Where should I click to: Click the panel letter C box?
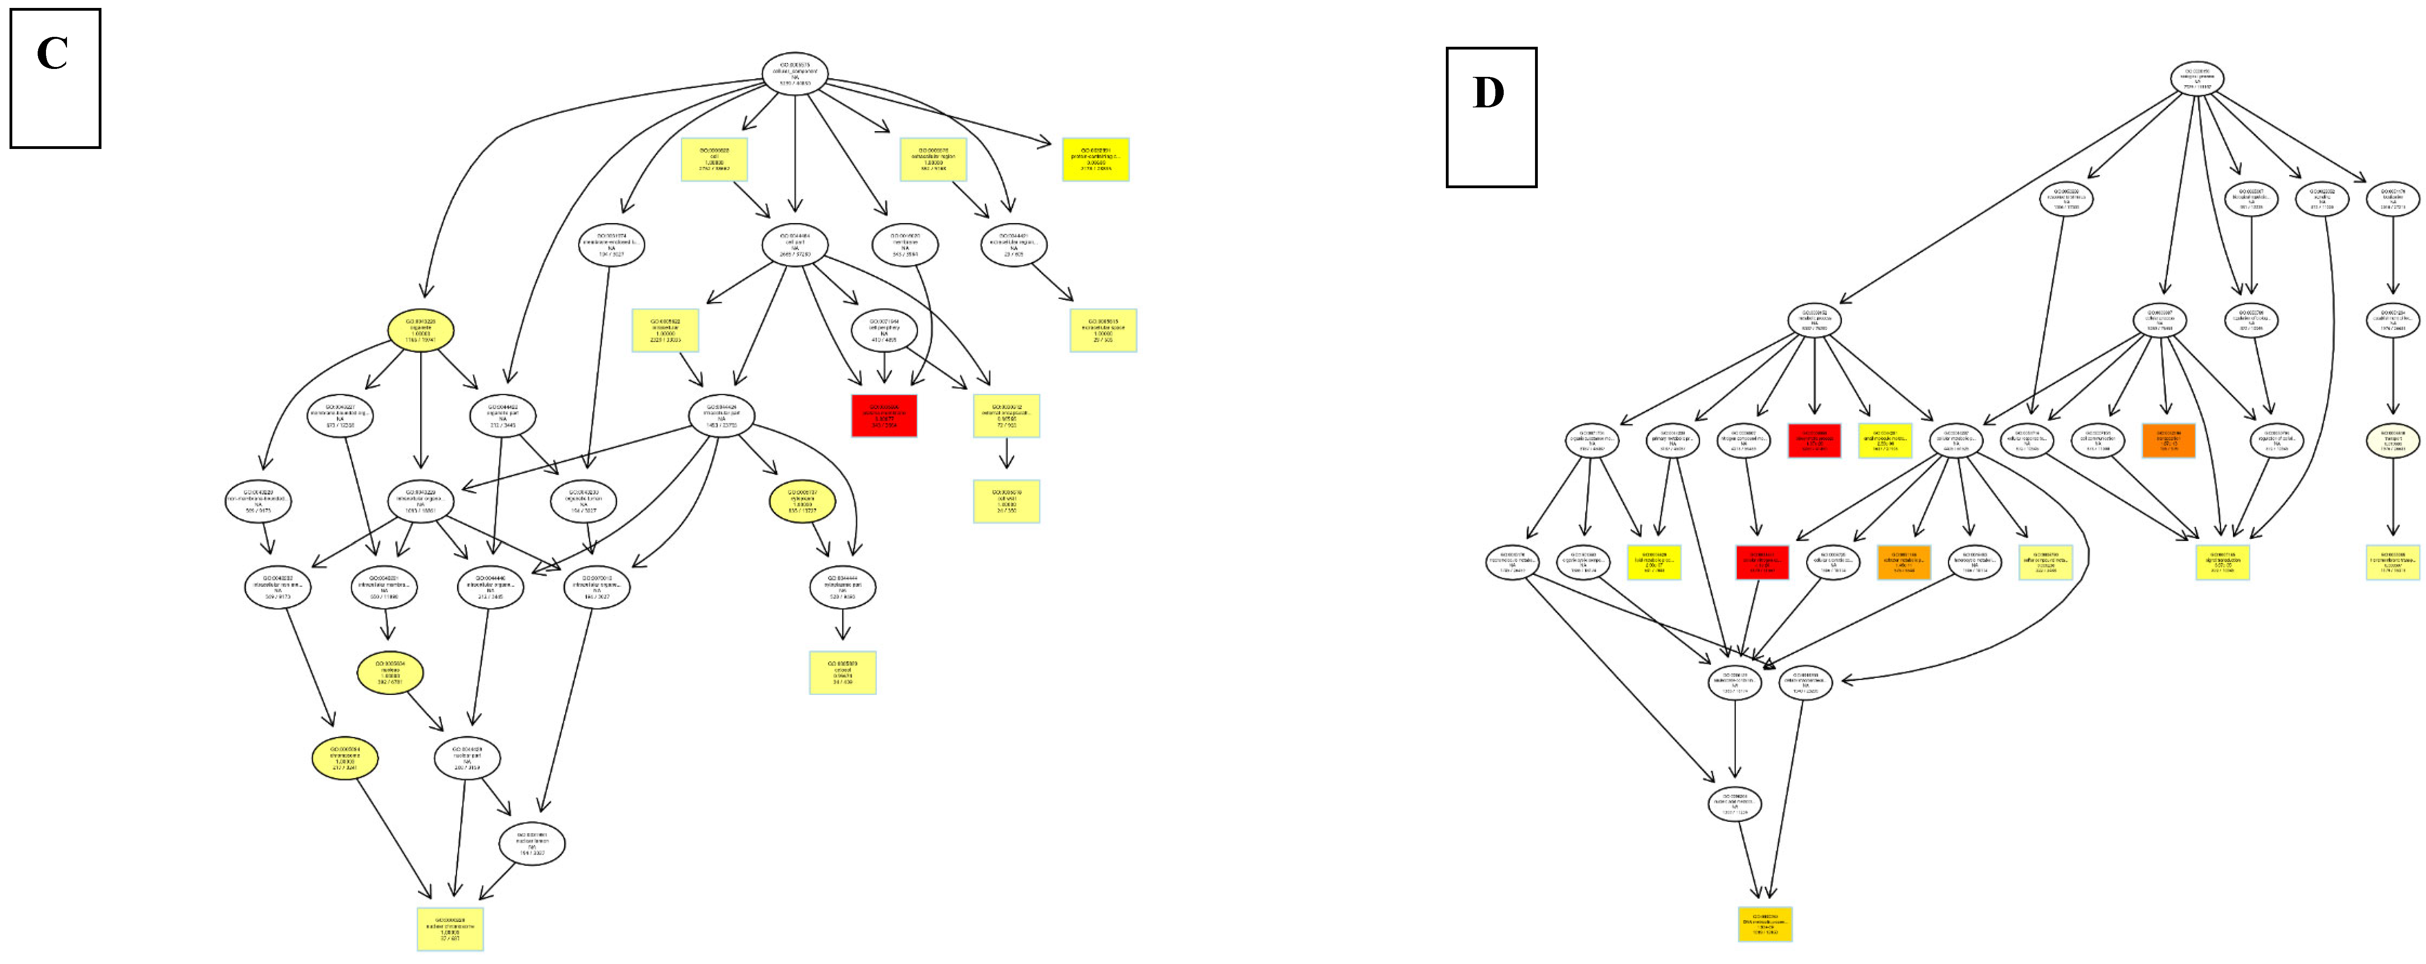point(55,78)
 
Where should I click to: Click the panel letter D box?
point(1491,117)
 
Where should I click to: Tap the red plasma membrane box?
point(883,415)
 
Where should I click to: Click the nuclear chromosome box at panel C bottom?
point(450,928)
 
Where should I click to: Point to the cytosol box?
point(842,672)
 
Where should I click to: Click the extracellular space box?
point(1103,330)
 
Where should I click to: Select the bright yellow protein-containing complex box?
point(1095,159)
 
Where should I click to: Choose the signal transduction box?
point(2223,562)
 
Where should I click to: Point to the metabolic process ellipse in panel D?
point(1814,320)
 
